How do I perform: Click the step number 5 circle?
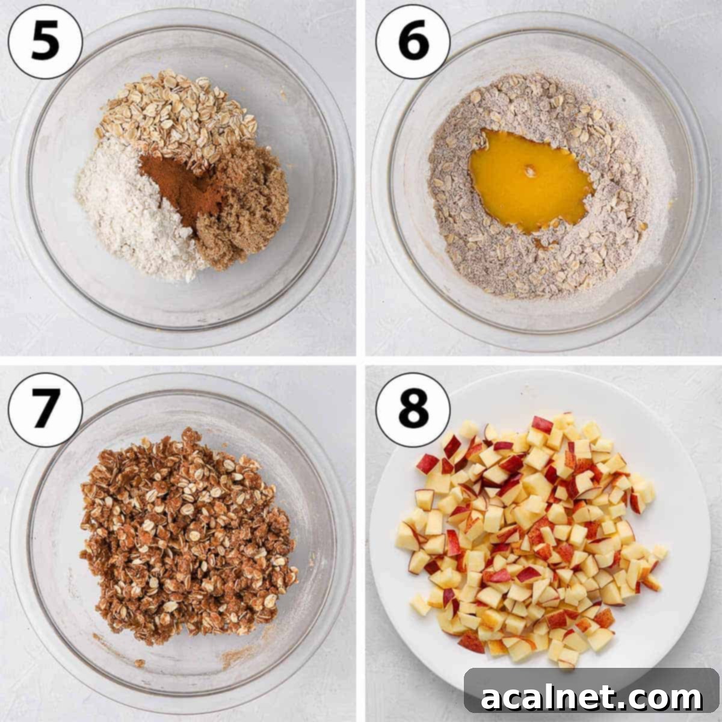45,42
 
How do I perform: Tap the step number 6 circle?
413,42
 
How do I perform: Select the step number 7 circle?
45,410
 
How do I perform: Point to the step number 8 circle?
413,410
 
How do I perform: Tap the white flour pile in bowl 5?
131,210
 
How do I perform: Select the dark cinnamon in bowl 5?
184,187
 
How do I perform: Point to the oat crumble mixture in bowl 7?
187,536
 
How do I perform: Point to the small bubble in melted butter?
530,171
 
